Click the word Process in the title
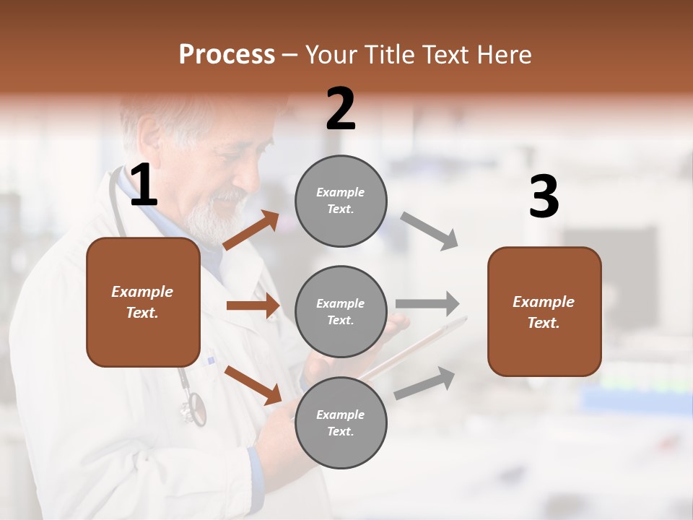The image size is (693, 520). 227,55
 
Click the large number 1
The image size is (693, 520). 144,186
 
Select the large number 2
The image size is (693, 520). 341,109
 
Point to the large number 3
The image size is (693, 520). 544,197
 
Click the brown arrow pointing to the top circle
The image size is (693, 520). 250,230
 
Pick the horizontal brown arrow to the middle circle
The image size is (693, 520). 253,305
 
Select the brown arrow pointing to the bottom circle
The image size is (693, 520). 253,384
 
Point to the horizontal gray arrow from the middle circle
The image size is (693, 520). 427,303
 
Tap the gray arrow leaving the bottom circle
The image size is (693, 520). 424,383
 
